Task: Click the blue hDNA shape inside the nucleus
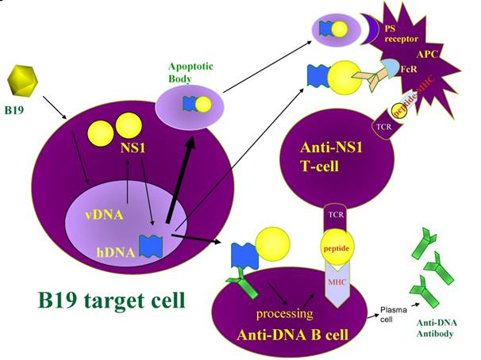[x=149, y=245]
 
